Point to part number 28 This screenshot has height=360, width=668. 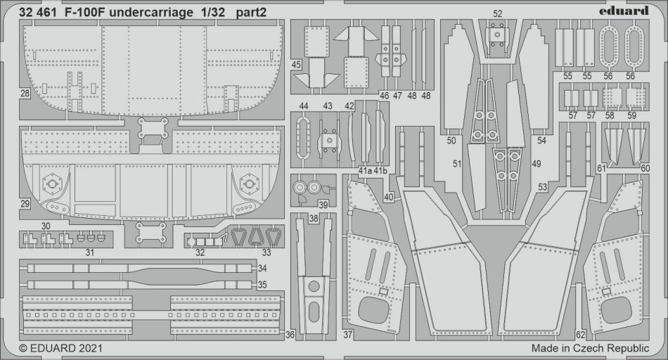coord(25,94)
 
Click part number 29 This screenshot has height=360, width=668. coord(25,204)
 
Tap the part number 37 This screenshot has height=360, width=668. coord(348,335)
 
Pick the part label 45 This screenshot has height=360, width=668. coord(296,65)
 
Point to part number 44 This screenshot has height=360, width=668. coord(303,105)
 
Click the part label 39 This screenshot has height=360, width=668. coord(323,204)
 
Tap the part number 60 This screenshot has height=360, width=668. coord(645,169)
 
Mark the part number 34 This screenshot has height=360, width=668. coord(262,269)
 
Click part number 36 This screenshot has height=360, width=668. coord(290,335)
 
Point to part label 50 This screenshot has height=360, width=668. coord(451,141)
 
